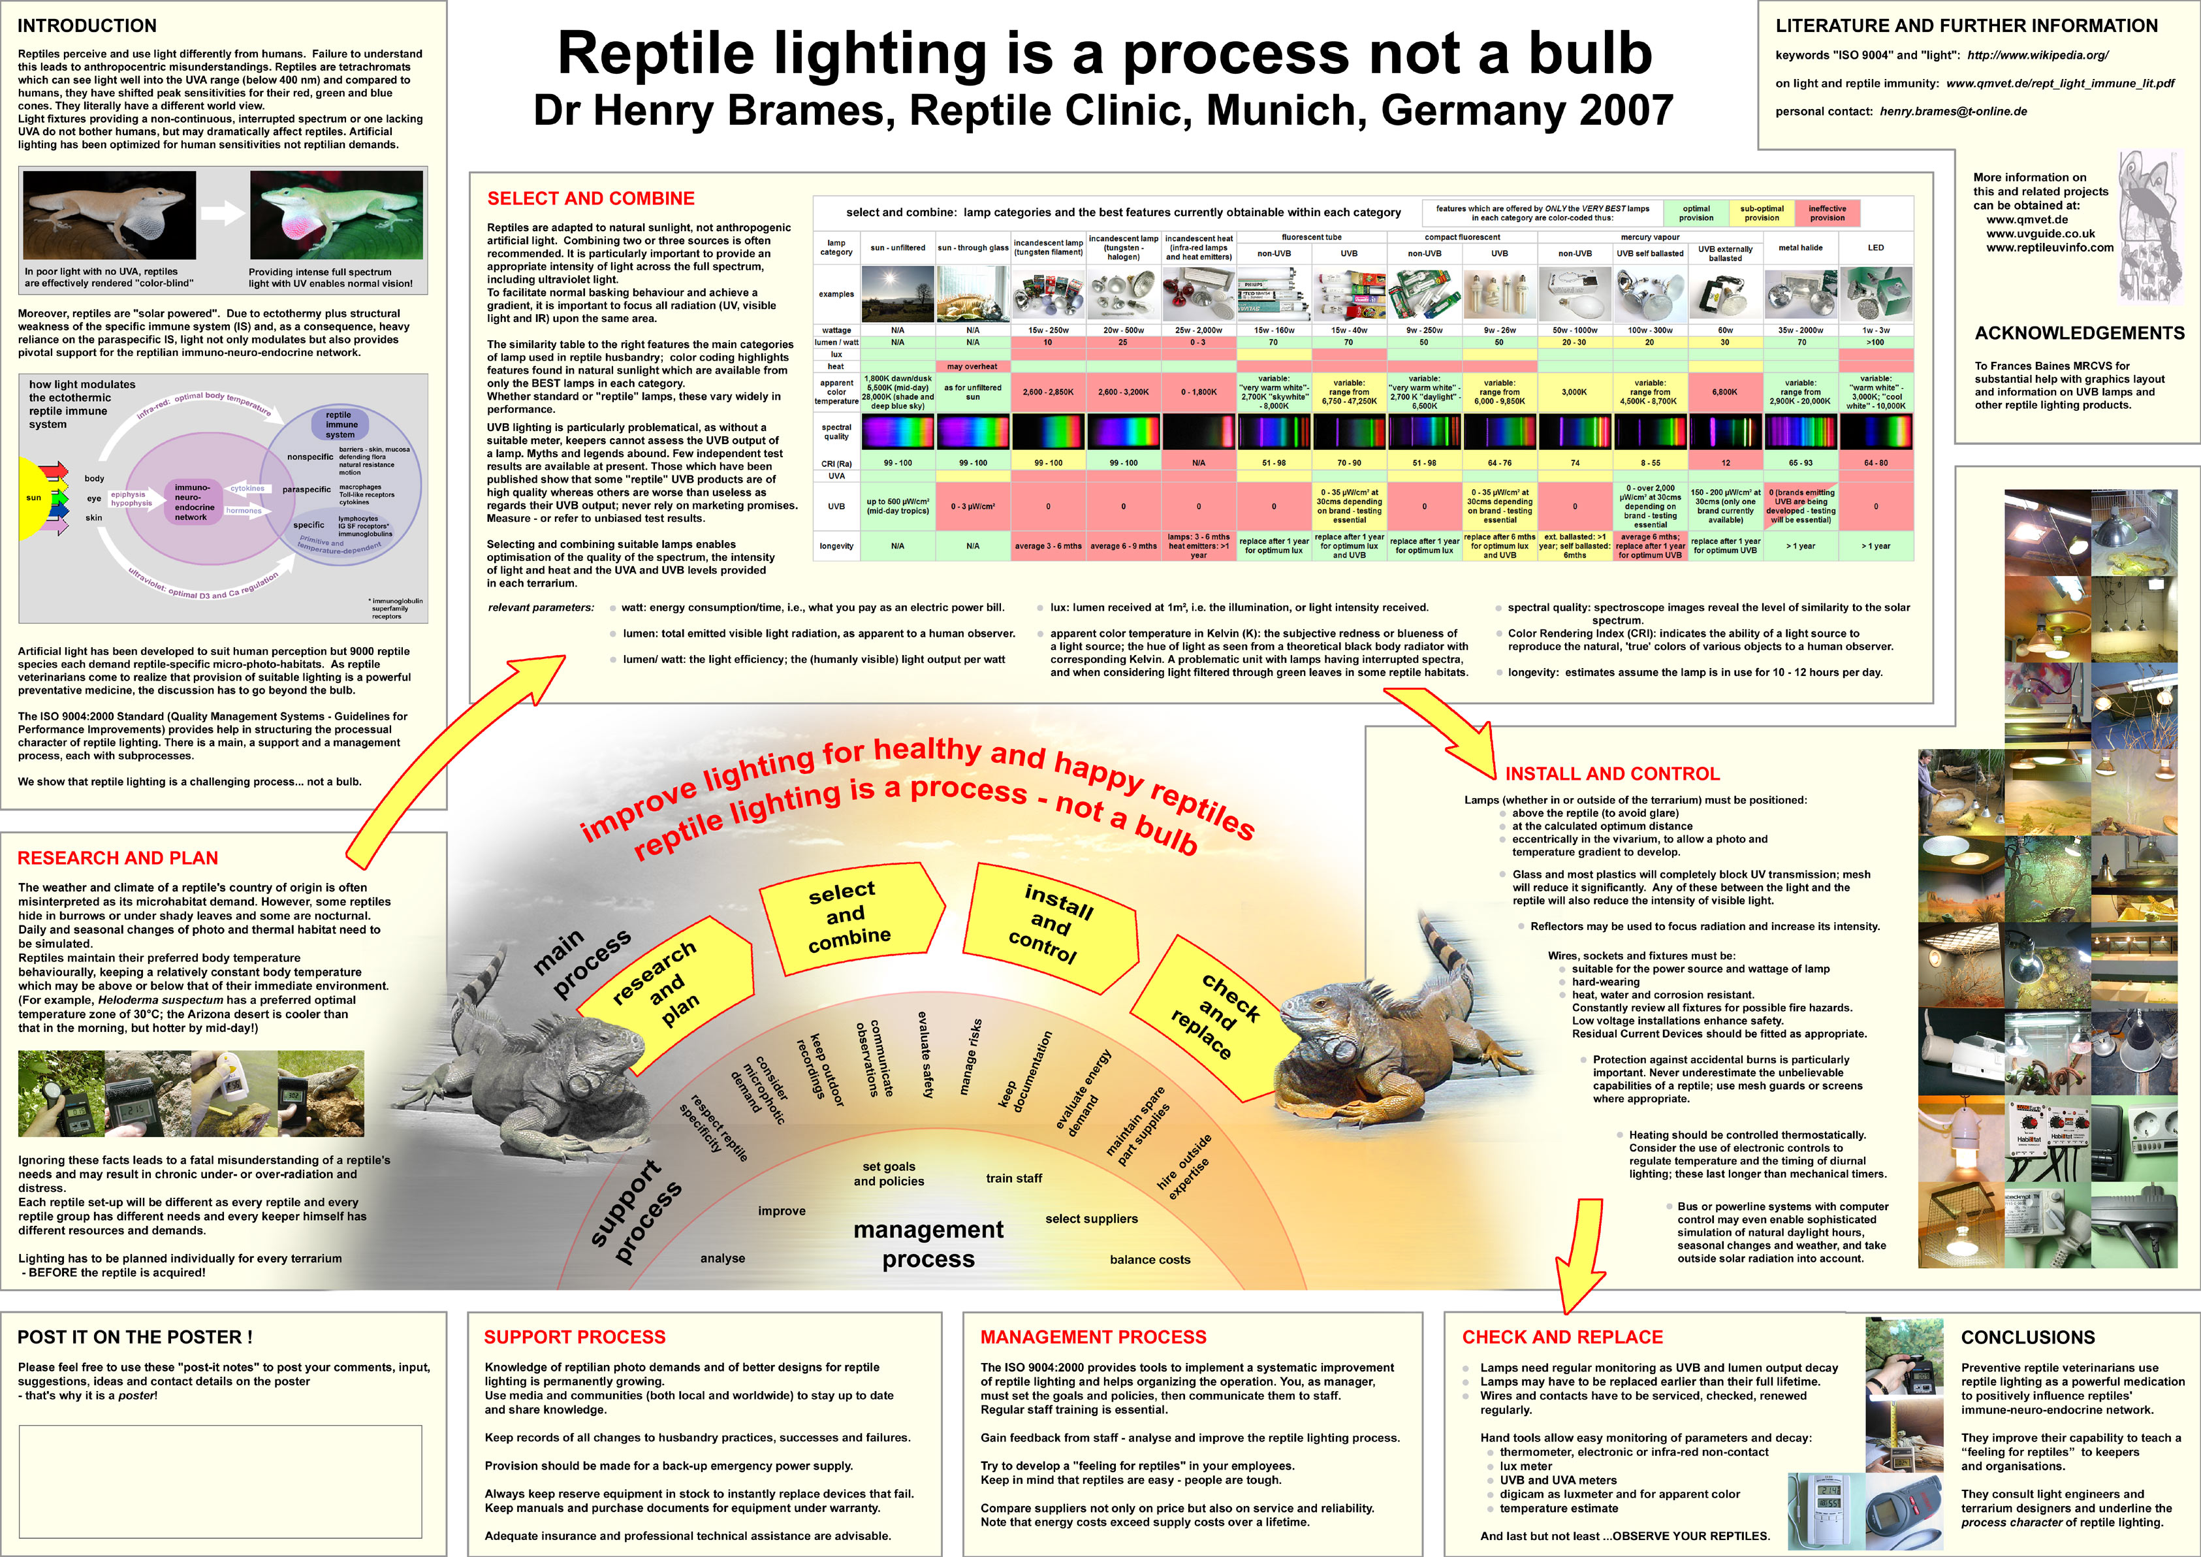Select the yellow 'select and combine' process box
[847, 916]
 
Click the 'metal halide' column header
[1800, 248]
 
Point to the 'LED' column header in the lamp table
[1875, 248]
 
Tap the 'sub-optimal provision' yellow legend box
[1762, 213]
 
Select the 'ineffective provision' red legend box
[1827, 213]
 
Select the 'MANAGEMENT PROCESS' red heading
[1093, 1338]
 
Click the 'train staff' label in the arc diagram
[1013, 1178]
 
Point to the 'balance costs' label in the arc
[1149, 1260]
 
